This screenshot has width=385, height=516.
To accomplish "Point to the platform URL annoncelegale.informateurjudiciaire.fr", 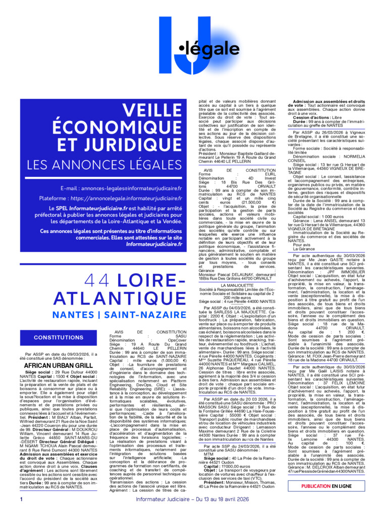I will coord(126,199).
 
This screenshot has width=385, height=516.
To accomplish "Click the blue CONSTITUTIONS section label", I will coord(66,337).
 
